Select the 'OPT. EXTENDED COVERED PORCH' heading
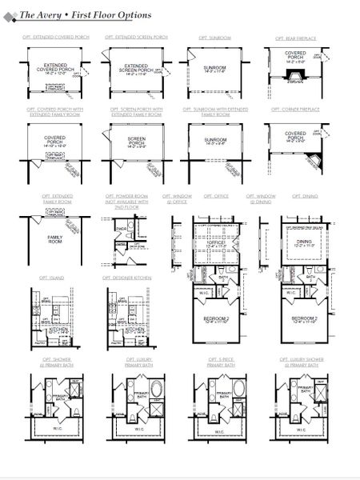(54, 38)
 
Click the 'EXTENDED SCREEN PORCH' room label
(133, 70)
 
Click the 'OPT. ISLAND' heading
(50, 278)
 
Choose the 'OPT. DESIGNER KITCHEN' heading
(128, 278)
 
